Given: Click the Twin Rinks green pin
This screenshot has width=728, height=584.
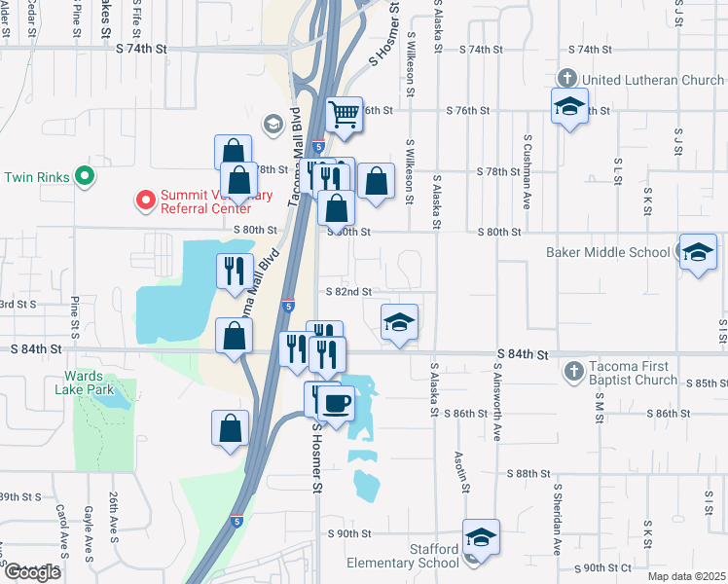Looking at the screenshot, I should (84, 177).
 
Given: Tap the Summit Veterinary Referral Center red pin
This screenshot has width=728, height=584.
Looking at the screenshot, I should (145, 201).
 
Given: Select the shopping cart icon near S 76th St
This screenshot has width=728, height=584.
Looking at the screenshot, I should (344, 116).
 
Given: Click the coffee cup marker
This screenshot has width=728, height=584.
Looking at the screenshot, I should (337, 402).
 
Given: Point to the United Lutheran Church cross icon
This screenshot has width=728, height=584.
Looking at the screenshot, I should (568, 78).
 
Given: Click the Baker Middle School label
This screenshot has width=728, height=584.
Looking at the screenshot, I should (622, 252).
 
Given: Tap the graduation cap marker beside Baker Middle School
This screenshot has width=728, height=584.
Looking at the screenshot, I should (698, 254).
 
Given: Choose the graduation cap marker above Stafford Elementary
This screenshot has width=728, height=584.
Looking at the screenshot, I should (480, 537).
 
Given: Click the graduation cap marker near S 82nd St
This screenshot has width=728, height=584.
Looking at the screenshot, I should (398, 324).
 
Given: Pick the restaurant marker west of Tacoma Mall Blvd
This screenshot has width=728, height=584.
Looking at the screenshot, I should (234, 272).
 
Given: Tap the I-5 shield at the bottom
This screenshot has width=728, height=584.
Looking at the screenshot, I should (237, 522).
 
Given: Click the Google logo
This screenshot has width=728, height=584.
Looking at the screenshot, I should (32, 572).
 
